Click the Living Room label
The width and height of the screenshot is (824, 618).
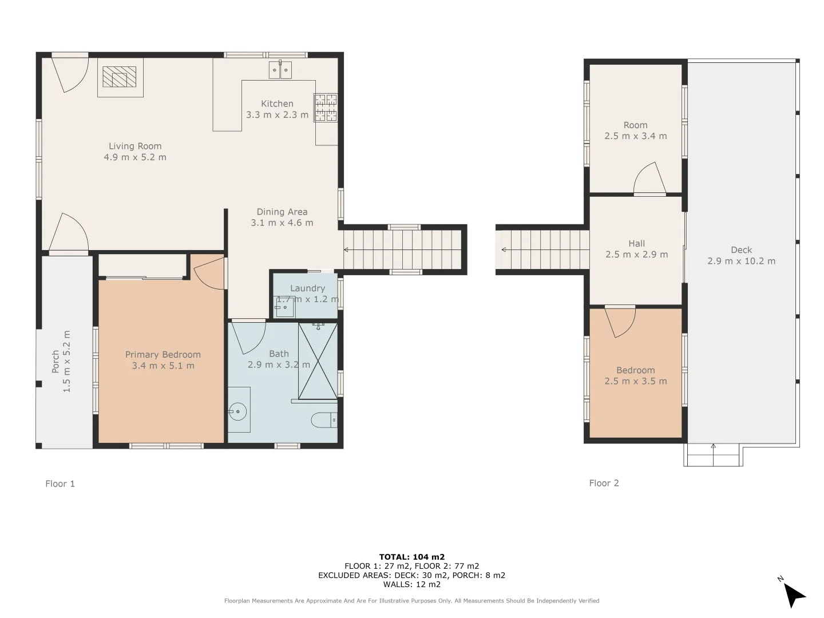(x=135, y=146)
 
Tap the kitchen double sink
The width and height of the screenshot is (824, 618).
(x=280, y=70)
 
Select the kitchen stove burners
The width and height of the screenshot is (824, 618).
(x=326, y=108)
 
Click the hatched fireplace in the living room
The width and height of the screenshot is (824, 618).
(x=120, y=77)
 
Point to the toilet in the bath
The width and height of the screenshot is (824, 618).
(x=324, y=420)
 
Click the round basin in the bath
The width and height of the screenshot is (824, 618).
(x=237, y=411)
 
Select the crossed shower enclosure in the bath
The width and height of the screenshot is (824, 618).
(x=318, y=361)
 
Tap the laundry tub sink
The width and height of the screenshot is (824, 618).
(x=285, y=307)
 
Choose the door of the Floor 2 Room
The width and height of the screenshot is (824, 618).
(x=650, y=179)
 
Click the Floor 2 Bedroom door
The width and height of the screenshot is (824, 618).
(x=620, y=321)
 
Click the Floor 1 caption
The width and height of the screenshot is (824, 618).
(x=60, y=484)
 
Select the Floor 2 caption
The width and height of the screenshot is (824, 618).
(x=604, y=483)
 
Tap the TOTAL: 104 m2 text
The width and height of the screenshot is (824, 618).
(x=412, y=557)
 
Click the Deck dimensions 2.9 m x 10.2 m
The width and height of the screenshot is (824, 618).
(x=742, y=261)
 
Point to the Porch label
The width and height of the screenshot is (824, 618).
(x=56, y=361)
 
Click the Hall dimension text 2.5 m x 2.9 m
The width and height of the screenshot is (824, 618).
(x=637, y=255)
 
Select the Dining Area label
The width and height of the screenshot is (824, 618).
(x=282, y=212)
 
